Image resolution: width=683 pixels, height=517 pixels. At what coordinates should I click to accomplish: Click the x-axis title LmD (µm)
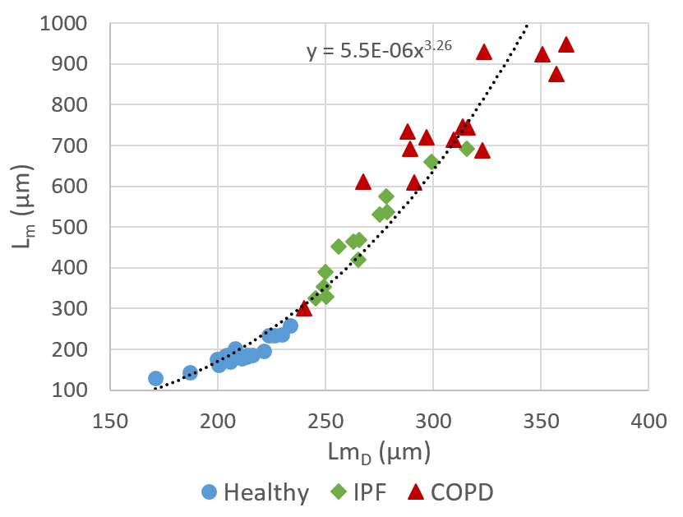pyautogui.click(x=380, y=452)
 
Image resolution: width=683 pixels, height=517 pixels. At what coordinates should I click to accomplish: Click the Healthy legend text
pyautogui.click(x=266, y=493)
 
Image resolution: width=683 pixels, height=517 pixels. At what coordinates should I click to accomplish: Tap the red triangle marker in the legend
pyautogui.click(x=416, y=492)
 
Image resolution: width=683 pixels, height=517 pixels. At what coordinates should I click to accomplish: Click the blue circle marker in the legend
pyautogui.click(x=210, y=492)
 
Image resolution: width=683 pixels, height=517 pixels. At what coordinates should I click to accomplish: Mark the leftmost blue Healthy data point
pyautogui.click(x=155, y=378)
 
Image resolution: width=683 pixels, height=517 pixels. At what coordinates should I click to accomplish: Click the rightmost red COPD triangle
pyautogui.click(x=566, y=44)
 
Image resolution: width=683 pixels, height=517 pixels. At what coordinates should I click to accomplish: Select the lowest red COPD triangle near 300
pyautogui.click(x=304, y=307)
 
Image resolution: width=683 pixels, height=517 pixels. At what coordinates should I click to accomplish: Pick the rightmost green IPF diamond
pyautogui.click(x=467, y=149)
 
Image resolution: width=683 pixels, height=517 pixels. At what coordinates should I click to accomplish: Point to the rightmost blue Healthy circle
pyautogui.click(x=290, y=326)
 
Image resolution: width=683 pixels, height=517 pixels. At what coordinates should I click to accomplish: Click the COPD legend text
pyautogui.click(x=463, y=493)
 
